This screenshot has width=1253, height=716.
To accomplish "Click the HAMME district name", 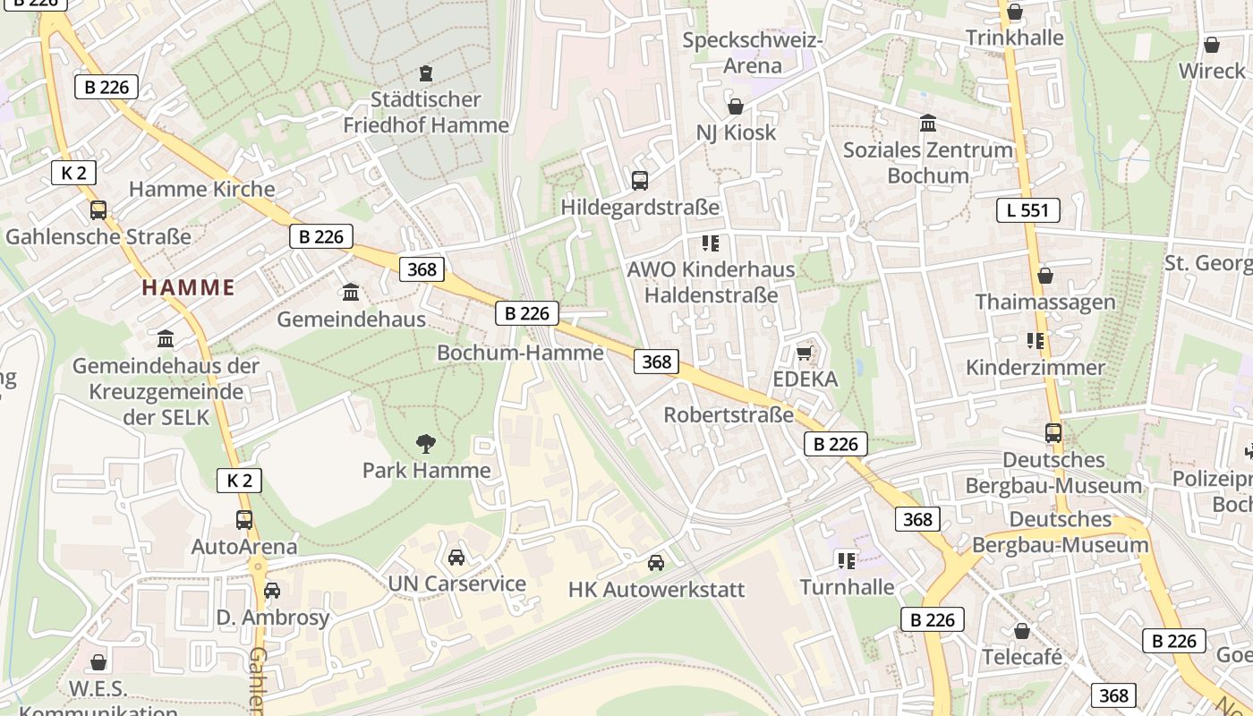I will [188, 287].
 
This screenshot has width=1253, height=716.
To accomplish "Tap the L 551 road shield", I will [1027, 210].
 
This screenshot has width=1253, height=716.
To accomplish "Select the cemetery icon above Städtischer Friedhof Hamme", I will [426, 72].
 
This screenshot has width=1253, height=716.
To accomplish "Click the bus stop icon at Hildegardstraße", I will [640, 180].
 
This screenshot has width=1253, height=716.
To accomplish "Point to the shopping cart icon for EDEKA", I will [805, 353].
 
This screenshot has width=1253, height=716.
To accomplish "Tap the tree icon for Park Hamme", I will [426, 442].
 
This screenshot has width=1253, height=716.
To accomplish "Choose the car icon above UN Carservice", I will [456, 557].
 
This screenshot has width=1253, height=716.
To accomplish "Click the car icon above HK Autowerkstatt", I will [656, 562].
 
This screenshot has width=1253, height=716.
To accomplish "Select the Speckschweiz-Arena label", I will [752, 53].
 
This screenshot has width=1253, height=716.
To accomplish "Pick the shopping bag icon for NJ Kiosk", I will [736, 107].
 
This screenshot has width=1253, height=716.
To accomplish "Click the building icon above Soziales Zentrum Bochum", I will [928, 123].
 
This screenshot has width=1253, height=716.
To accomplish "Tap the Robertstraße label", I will [728, 415].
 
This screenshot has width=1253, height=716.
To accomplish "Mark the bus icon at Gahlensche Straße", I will [98, 210].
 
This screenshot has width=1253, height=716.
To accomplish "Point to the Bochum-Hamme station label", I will [520, 353].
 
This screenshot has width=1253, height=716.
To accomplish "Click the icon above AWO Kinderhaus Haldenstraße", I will [711, 243].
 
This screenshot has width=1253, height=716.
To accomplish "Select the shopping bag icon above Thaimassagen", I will [1044, 276].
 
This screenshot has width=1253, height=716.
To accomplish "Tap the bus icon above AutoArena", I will [243, 519].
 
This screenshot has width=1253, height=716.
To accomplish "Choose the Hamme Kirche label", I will [201, 189].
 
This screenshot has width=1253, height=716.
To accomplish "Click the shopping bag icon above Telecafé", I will [1022, 631].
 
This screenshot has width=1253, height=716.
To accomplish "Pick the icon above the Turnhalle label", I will [847, 561].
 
